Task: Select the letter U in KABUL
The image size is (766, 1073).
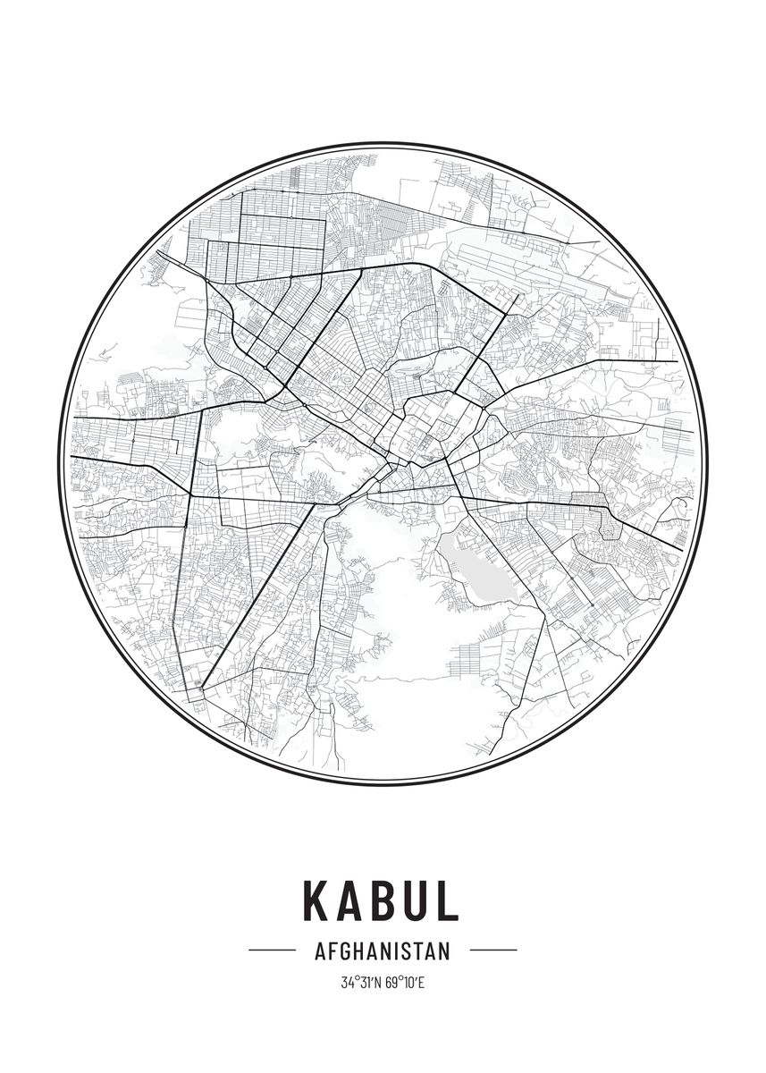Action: click(414, 901)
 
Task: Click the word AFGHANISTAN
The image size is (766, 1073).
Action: click(383, 950)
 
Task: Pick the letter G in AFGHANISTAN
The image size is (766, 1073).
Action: click(347, 950)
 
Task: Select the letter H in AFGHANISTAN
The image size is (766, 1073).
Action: click(360, 950)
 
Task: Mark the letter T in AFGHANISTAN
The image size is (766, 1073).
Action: click(419, 950)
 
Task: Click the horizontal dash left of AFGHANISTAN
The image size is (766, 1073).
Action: click(272, 950)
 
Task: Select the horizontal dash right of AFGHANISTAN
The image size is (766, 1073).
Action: click(493, 950)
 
